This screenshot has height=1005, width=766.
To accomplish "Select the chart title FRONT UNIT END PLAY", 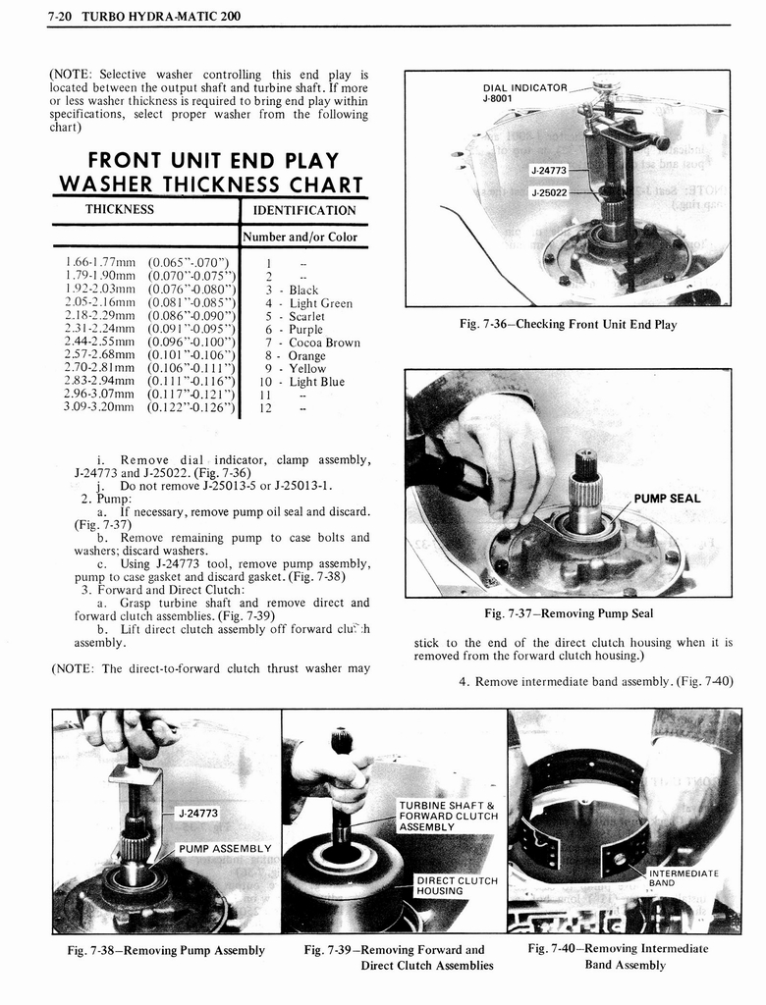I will point(213,160).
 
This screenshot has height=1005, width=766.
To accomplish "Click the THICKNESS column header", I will point(119,209).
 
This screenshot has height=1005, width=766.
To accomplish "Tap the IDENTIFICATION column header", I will point(303,210).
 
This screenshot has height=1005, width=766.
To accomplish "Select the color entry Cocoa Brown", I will point(324,343).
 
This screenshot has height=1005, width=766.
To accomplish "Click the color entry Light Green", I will point(320,303).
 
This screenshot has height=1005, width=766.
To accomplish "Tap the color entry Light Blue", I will point(316,382).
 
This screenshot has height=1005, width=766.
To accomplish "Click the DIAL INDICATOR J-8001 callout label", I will point(524,93).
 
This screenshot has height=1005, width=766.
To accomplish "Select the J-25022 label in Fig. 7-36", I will point(550,193).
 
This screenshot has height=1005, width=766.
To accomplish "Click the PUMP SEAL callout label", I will point(667,499).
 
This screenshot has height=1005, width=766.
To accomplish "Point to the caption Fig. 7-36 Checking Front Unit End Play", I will point(568,325).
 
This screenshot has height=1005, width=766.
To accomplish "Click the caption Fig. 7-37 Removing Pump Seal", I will point(569,614).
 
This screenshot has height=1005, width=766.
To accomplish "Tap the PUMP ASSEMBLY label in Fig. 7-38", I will point(224,848).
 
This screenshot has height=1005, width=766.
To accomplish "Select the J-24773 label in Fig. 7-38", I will point(197,813).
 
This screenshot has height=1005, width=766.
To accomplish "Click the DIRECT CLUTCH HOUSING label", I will point(457,885).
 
